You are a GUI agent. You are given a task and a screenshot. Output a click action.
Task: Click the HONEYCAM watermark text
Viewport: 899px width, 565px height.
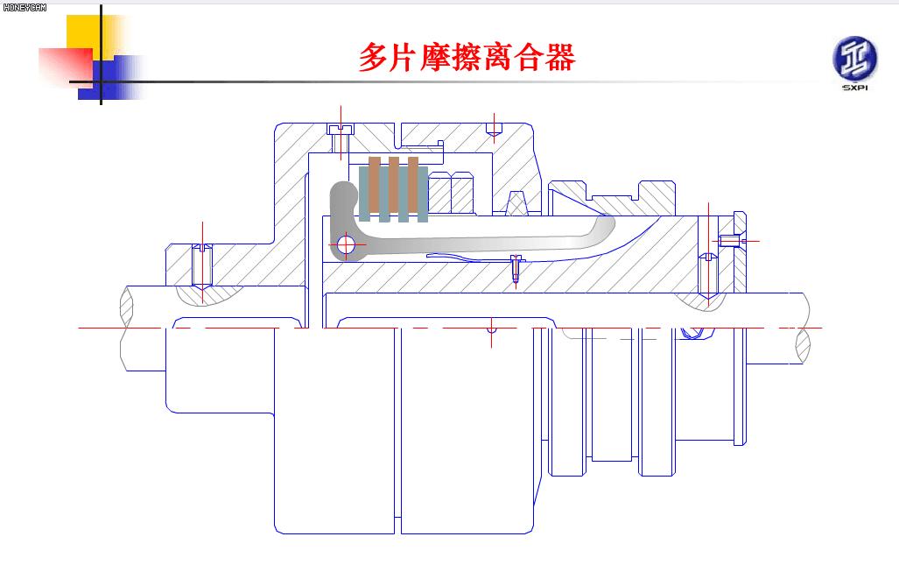(24, 7)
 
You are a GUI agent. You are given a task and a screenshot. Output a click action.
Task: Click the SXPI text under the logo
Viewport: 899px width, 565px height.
(853, 88)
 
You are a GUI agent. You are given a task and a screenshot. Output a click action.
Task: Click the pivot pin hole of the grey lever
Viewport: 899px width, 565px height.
(346, 245)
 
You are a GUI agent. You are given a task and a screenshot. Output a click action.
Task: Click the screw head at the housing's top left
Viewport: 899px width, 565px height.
(340, 130)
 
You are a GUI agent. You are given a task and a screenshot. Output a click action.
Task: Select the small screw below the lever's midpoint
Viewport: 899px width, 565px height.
(516, 266)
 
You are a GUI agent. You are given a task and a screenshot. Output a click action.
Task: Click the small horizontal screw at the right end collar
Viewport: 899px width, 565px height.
(730, 240)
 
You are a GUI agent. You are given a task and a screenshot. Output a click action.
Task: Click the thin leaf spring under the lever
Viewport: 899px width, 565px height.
(455, 258)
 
